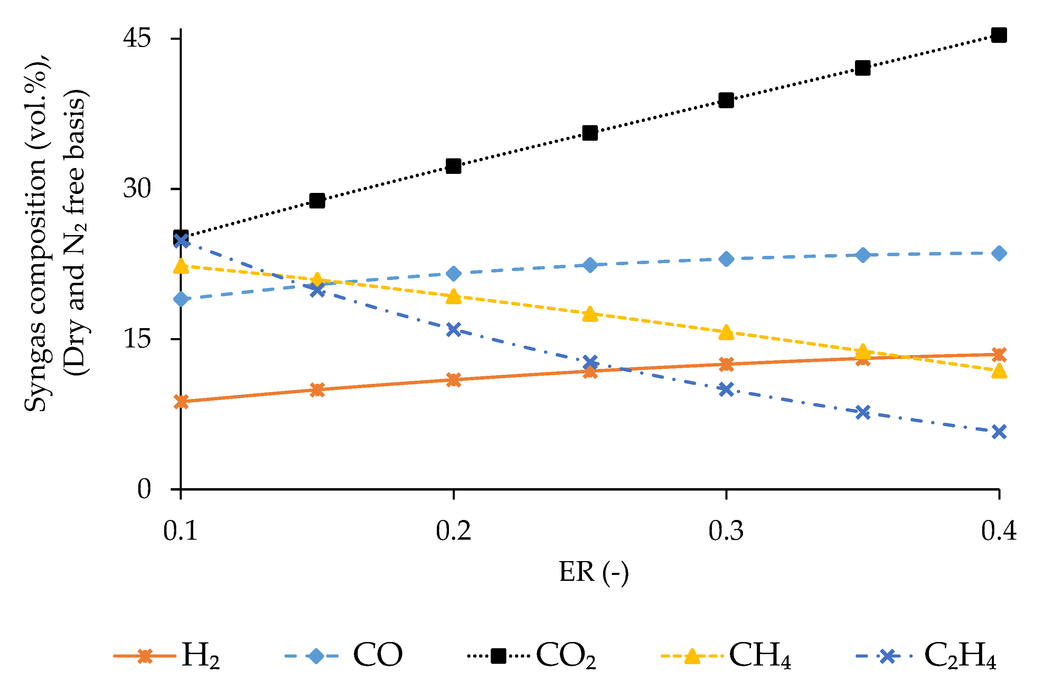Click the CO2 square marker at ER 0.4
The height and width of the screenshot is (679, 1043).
(x=999, y=35)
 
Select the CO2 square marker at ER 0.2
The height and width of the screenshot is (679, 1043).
(x=453, y=166)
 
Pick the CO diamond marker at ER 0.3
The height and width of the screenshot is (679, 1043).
(x=726, y=259)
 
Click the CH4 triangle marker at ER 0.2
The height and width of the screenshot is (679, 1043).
(x=453, y=297)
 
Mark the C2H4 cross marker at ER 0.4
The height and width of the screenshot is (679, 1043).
(x=999, y=432)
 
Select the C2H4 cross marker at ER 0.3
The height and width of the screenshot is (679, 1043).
(x=726, y=389)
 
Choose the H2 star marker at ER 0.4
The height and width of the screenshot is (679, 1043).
(x=999, y=354)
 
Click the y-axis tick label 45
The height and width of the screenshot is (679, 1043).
(x=137, y=38)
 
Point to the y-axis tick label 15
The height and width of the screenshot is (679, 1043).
(x=137, y=339)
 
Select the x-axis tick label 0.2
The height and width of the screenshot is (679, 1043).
(x=453, y=531)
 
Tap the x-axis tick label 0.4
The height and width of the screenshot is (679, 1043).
(x=999, y=531)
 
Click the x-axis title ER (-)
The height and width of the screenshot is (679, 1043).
(x=594, y=573)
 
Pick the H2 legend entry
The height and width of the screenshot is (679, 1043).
(x=167, y=656)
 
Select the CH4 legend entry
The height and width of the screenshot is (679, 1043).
(x=725, y=656)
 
